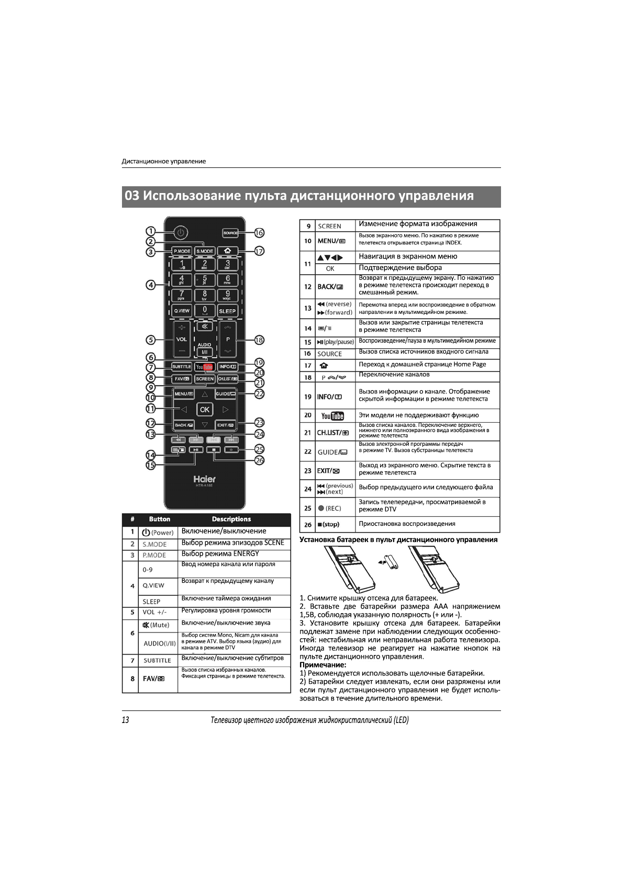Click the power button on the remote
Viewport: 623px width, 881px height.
[180, 233]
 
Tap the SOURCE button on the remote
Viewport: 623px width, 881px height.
[230, 233]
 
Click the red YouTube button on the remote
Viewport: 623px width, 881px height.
[205, 367]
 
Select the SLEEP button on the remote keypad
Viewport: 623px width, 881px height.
[227, 311]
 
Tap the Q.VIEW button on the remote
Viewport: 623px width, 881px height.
[182, 311]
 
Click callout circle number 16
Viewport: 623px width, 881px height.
[259, 233]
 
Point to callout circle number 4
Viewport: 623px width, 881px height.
[151, 285]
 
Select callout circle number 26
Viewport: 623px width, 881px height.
[259, 460]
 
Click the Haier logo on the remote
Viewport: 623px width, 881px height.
[204, 479]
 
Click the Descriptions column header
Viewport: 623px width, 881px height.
[231, 519]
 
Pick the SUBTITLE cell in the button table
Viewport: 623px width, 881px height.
[157, 661]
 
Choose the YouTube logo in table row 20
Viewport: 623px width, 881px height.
[332, 416]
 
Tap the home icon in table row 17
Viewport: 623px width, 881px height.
[324, 365]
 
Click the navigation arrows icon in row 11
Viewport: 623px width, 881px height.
[330, 258]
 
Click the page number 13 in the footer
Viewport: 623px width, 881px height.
[126, 720]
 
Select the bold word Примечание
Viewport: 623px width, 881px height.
[322, 665]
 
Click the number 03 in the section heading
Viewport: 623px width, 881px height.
[132, 196]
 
